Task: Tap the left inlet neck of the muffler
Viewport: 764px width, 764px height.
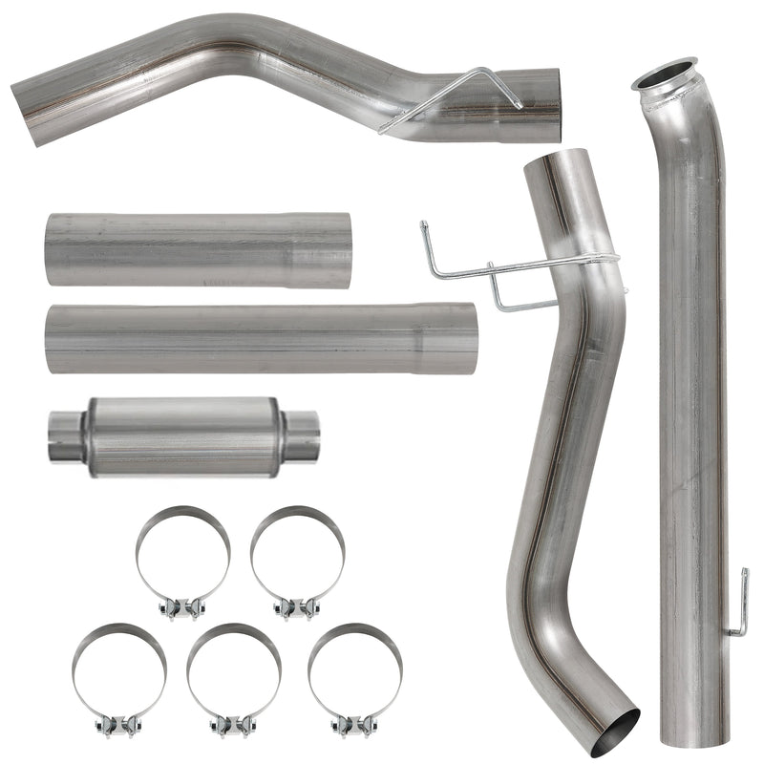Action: (x=65, y=436)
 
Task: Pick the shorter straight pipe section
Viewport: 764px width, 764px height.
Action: (x=198, y=249)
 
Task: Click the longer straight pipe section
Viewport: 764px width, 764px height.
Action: (x=260, y=338)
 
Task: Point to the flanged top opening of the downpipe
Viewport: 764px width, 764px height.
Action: (x=665, y=76)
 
